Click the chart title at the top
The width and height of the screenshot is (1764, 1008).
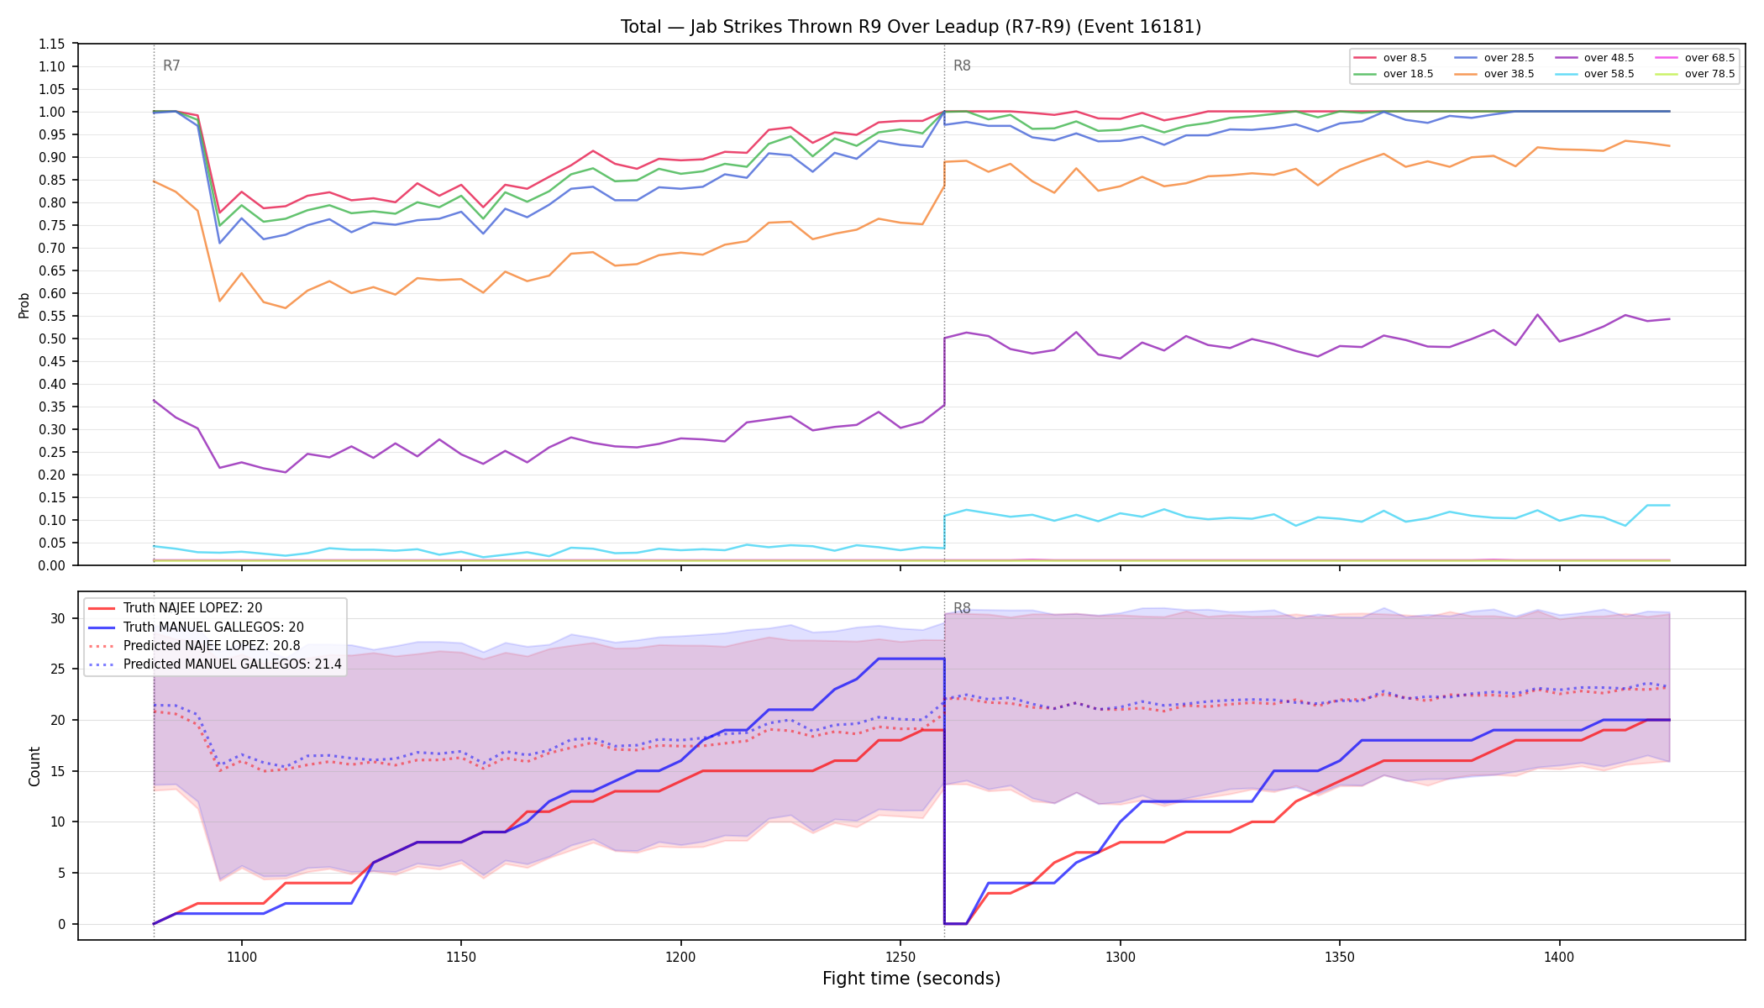(911, 27)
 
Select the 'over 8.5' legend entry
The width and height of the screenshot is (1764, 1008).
(1391, 58)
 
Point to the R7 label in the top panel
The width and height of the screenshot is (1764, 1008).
(171, 66)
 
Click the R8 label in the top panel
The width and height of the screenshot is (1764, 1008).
(962, 66)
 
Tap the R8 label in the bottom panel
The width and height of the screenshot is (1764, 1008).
(962, 608)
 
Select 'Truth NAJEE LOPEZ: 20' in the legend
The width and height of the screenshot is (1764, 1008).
(176, 608)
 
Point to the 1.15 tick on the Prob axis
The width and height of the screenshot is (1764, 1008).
(52, 44)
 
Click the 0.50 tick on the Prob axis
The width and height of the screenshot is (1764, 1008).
(52, 339)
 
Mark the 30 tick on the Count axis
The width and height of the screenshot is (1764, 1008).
(57, 618)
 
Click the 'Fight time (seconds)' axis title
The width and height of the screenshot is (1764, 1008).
(911, 979)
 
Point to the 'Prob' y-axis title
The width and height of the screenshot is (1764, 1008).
(24, 305)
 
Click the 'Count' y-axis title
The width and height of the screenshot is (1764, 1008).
(34, 766)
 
